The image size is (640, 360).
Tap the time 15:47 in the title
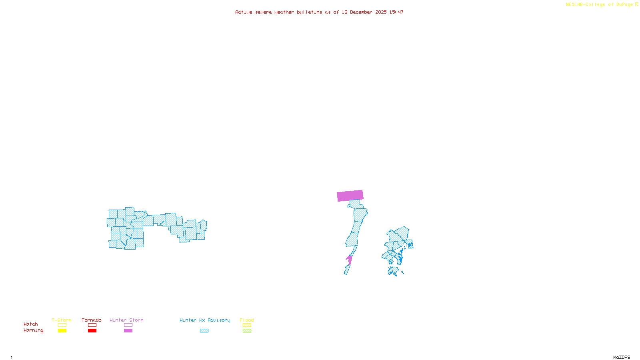[396, 12]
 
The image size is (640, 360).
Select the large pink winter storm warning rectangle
[350, 196]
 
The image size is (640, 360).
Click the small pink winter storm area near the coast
[349, 260]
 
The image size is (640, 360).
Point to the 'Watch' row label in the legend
[31, 324]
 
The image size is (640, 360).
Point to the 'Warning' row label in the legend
[34, 330]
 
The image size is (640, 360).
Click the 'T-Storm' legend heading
[62, 320]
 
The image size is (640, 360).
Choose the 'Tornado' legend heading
[92, 320]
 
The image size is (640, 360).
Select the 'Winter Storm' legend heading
[126, 320]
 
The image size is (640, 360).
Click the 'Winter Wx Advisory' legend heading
[205, 320]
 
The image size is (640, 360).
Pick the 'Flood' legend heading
[247, 320]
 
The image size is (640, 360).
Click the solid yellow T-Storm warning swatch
[62, 331]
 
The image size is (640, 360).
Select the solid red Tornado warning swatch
[92, 331]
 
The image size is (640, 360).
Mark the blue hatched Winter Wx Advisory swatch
[204, 331]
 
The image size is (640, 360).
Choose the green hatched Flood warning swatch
[247, 331]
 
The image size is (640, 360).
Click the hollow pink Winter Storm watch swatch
[128, 325]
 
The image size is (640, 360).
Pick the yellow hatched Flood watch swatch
[247, 325]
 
